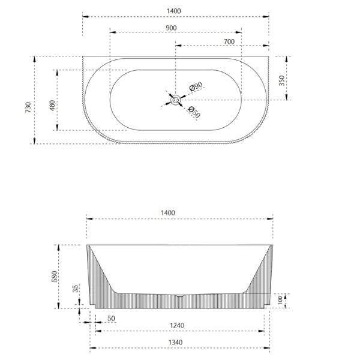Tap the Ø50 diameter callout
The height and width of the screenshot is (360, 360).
click(x=193, y=112)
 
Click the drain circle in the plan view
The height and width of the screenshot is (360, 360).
click(x=176, y=100)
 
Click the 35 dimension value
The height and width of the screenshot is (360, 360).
click(x=76, y=289)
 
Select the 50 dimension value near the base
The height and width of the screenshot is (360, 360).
click(x=111, y=318)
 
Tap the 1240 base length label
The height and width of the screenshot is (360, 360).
click(x=176, y=326)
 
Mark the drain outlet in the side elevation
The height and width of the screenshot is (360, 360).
click(x=180, y=296)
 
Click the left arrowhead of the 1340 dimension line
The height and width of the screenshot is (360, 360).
click(x=92, y=348)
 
